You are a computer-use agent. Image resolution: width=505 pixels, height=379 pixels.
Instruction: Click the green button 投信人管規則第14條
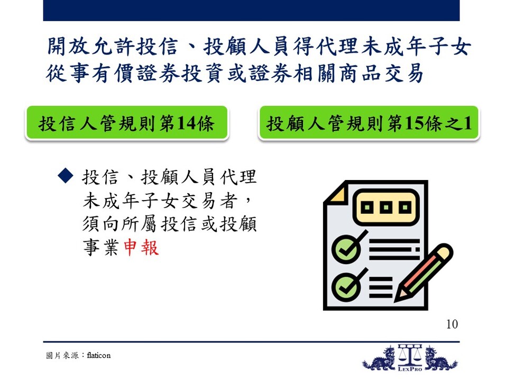126,123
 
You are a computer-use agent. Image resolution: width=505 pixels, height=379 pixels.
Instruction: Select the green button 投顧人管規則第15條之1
369,123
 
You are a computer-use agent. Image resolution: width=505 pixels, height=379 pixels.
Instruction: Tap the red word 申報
141,247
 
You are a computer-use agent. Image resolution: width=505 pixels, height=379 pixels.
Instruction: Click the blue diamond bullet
66,176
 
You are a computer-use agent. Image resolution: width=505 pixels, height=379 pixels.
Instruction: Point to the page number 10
452,324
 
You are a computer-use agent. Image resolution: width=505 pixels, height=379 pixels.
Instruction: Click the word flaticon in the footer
98,355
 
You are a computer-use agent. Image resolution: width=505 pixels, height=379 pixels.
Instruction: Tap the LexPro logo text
410,369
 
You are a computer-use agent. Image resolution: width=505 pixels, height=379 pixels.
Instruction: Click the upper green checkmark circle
346,249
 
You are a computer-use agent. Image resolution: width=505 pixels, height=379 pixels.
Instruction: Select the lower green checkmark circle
346,287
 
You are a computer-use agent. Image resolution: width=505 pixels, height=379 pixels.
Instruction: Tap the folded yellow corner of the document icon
336,193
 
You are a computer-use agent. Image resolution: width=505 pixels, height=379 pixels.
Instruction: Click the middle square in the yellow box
386,207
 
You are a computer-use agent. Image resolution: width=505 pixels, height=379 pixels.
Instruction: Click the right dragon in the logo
440,359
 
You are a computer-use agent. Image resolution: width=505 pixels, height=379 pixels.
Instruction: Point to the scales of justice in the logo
410,355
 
